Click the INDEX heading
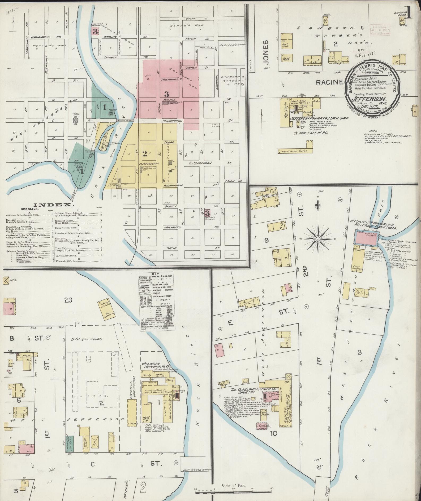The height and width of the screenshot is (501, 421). [x=53, y=205]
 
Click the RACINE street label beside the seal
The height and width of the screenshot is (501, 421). [x=329, y=82]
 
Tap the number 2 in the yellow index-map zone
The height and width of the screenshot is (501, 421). [x=145, y=153]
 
